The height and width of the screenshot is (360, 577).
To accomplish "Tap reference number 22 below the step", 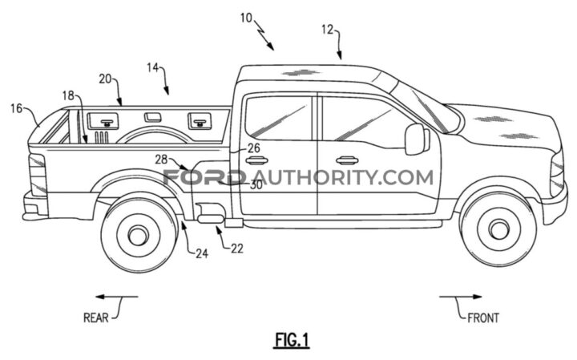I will tap(236, 249).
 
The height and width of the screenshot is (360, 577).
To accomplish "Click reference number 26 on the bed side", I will tap(253, 148).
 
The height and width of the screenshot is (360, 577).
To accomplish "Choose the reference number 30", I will tap(256, 184).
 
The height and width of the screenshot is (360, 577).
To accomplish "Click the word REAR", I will tap(95, 318).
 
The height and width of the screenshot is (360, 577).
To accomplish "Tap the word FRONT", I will tap(483, 318).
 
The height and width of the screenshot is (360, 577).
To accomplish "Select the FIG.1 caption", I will tap(289, 340).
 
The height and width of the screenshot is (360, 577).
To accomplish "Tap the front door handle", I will tap(347, 160).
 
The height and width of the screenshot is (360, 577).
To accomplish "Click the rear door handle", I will tap(256, 160).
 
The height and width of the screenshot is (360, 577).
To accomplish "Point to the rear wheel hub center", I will tap(137, 234).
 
